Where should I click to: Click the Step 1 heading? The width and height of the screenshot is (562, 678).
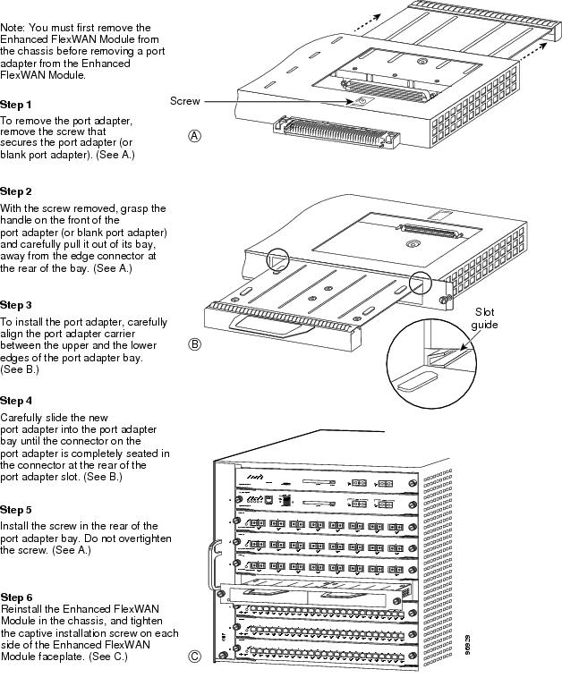coord(16,105)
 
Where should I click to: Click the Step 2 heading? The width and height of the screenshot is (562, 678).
coord(16,191)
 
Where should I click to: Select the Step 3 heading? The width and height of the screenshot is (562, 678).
coord(16,305)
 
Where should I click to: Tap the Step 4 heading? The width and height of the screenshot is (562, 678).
coord(16,401)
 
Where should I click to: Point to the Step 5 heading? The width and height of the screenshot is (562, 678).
coord(16,509)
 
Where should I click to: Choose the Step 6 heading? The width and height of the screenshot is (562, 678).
coord(16,596)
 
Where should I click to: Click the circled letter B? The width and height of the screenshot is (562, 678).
coord(195,344)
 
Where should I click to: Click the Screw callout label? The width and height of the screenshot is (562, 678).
coord(185,102)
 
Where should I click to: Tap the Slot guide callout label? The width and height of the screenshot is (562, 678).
coord(485,318)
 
